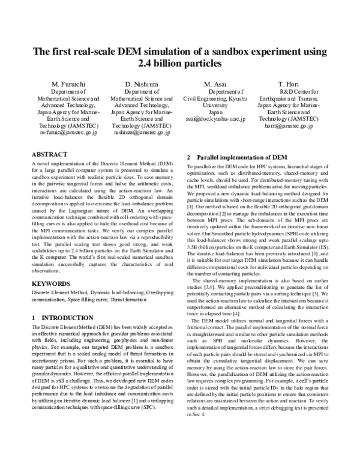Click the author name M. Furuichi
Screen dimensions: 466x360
(x=65, y=83)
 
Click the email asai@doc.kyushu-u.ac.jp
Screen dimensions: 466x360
(x=215, y=119)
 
